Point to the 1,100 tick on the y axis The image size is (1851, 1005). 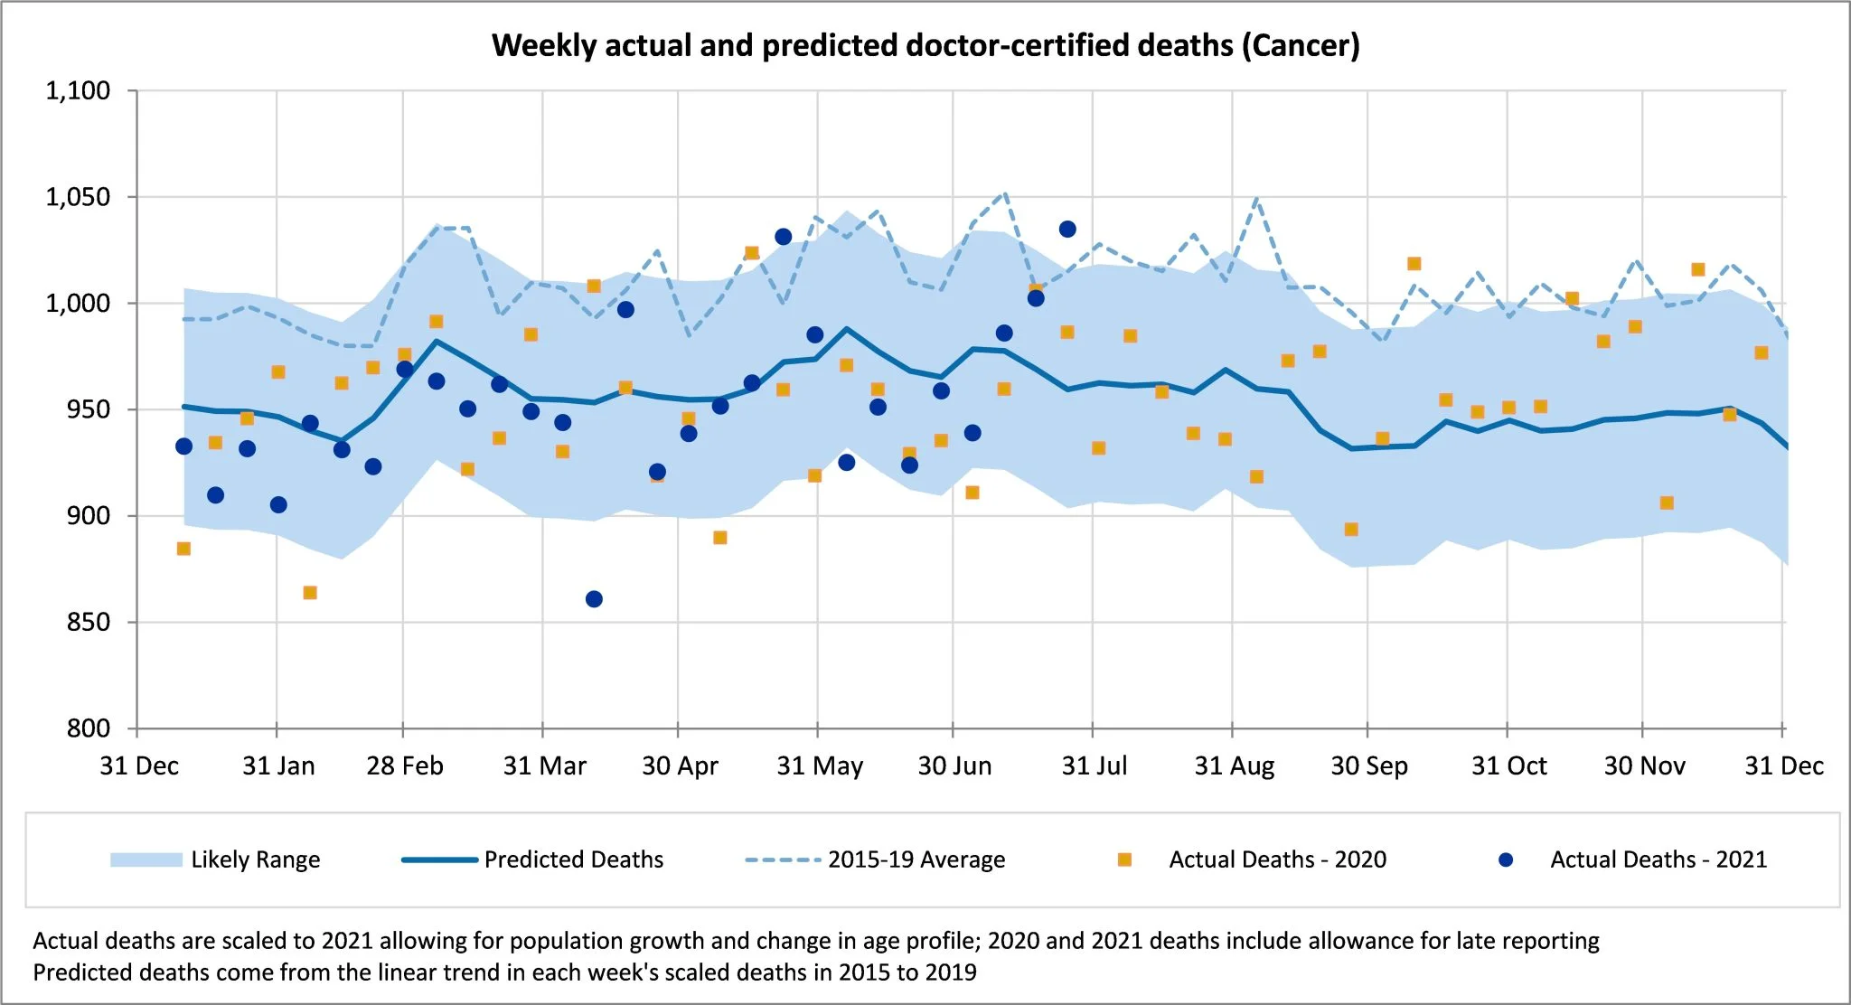pyautogui.click(x=78, y=90)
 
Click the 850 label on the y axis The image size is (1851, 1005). pyautogui.click(x=88, y=622)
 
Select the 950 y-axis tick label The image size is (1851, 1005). pyautogui.click(x=88, y=409)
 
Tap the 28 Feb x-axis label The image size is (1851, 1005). pyautogui.click(x=404, y=766)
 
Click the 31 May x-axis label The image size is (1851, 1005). pyautogui.click(x=819, y=766)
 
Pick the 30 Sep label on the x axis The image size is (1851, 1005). pyautogui.click(x=1368, y=766)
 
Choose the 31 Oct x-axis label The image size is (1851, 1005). pyautogui.click(x=1508, y=766)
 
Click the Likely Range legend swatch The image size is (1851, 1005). pyautogui.click(x=146, y=859)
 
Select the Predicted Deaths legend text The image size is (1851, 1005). pyautogui.click(x=573, y=859)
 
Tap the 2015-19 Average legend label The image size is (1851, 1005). pyautogui.click(x=916, y=859)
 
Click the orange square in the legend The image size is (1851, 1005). pyautogui.click(x=1124, y=859)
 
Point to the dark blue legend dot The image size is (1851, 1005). pyautogui.click(x=1506, y=859)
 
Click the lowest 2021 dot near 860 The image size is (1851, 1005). pyautogui.click(x=594, y=599)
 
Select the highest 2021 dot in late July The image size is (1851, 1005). pyautogui.click(x=1067, y=230)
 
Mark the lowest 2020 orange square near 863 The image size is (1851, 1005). pyautogui.click(x=310, y=593)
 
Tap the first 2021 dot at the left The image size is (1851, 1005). pyautogui.click(x=183, y=446)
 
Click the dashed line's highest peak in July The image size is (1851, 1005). pyautogui.click(x=1004, y=193)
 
